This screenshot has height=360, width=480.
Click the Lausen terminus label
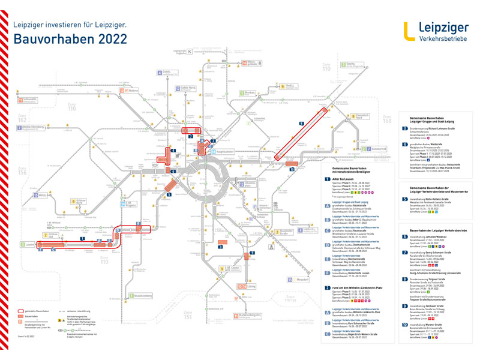point(30,245)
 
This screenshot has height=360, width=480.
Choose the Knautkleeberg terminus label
point(145,296)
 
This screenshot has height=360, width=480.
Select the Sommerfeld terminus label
point(378,148)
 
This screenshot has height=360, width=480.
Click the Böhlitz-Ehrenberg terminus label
point(34,127)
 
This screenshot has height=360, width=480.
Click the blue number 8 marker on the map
point(301,124)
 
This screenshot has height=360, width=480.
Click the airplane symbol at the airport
point(190,52)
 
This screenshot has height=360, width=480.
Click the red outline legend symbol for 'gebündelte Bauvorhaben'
point(29,312)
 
